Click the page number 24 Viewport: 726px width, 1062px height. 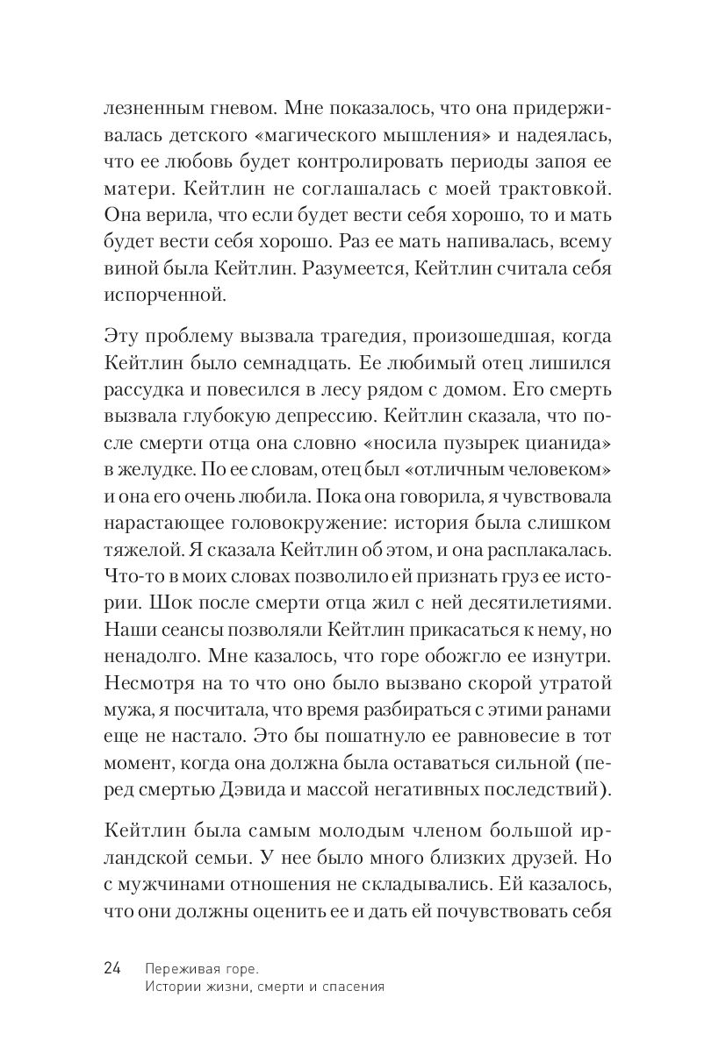(x=112, y=967)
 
